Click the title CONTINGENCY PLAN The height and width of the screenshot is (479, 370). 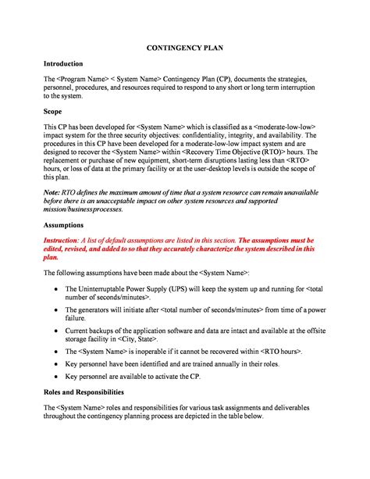point(185,48)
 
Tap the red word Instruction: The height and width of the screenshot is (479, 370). point(66,239)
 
